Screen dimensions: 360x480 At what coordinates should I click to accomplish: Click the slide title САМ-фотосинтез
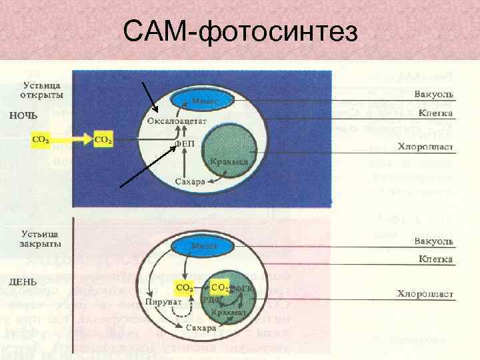click(x=241, y=31)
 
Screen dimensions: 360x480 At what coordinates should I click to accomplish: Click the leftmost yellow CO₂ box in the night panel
click(x=40, y=140)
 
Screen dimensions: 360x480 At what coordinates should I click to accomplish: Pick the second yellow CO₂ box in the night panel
click(x=103, y=140)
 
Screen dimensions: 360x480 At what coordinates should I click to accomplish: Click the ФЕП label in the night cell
click(x=184, y=143)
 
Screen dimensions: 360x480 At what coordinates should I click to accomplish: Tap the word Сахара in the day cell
click(x=201, y=329)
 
